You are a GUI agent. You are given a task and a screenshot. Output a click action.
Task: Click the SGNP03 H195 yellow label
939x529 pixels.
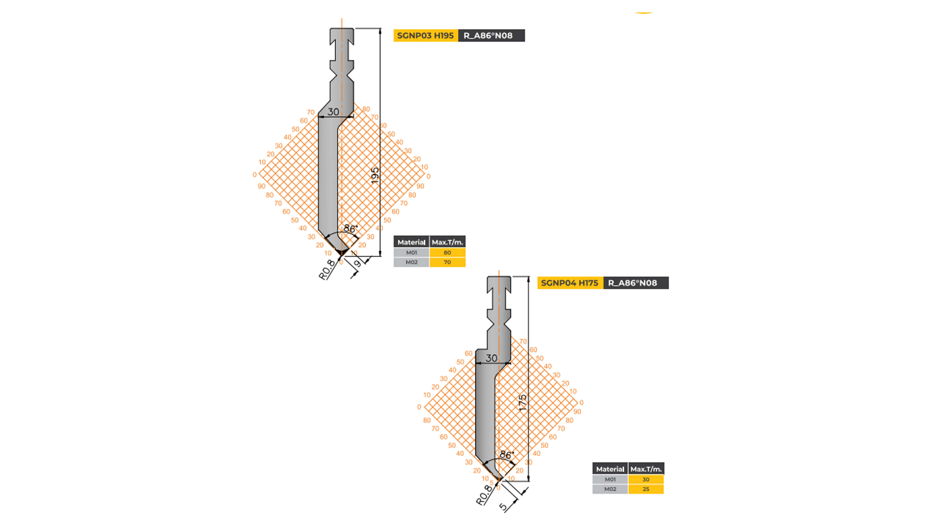point(425,35)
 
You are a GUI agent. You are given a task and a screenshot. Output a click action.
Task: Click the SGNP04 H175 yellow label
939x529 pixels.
point(569,283)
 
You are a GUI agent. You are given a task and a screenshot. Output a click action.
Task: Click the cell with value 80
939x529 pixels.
point(447,252)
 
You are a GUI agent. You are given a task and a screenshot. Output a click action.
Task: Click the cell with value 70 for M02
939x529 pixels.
point(447,262)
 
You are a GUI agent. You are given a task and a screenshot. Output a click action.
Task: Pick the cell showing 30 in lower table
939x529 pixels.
point(646,479)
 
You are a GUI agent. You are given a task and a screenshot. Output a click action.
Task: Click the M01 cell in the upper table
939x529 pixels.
point(411,252)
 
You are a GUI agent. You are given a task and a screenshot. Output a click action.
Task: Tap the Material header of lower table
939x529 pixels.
point(610,469)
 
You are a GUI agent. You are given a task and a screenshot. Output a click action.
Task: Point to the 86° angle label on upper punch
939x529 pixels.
point(350,229)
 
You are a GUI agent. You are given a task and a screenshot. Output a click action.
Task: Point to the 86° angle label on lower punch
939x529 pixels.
point(506,455)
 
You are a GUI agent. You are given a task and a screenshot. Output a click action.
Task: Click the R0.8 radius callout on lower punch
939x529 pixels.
point(484,495)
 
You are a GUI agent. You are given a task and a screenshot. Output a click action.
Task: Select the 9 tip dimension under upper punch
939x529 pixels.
point(358,263)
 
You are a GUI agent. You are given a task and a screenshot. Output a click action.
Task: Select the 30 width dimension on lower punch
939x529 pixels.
point(491,358)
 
